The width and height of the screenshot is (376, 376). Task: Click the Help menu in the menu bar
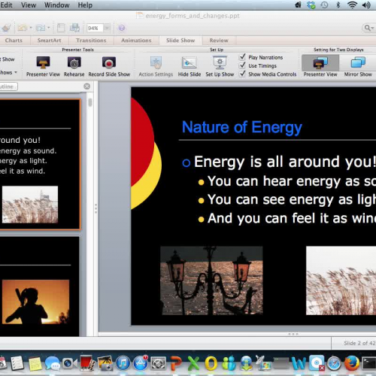click(85, 5)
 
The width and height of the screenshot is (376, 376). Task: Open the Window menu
click(56, 5)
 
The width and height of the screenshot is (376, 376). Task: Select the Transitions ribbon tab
click(91, 41)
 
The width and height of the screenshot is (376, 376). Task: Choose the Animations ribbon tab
click(136, 41)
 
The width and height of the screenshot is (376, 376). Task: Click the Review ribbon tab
click(219, 41)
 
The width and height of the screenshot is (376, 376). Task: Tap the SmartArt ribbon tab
click(50, 41)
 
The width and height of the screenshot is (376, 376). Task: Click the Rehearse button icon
click(74, 63)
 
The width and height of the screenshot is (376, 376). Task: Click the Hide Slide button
click(190, 63)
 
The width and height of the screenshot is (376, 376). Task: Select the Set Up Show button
click(220, 63)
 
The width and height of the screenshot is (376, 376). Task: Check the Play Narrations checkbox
click(242, 56)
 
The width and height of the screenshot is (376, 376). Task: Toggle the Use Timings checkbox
click(242, 65)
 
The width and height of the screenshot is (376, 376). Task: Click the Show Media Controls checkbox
click(242, 74)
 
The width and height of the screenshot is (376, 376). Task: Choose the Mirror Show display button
click(357, 63)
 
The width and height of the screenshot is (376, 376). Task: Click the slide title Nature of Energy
click(241, 126)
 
